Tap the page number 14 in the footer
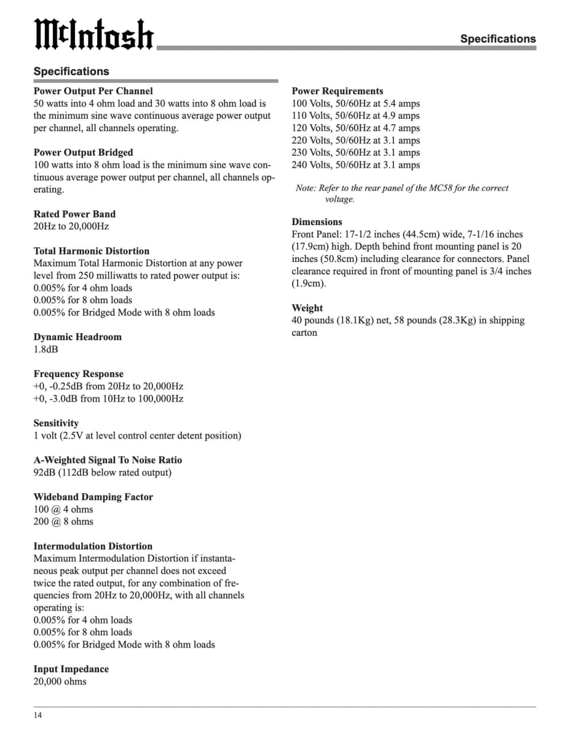tap(38, 715)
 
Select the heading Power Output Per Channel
tap(93, 91)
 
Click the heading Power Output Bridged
tap(83, 153)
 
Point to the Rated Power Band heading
tap(74, 214)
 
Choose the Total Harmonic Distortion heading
tap(91, 251)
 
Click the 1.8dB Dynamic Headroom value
tap(46, 349)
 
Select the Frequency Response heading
tap(78, 374)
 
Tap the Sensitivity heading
tap(56, 423)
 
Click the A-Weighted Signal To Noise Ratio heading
tap(108, 460)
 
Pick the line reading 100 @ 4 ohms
tap(63, 509)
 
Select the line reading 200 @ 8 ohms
tap(63, 522)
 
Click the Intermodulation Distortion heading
tap(93, 546)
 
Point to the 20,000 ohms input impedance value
tap(60, 681)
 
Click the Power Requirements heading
tap(337, 91)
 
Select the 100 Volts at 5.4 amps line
tap(355, 103)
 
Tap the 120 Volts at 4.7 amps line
tap(355, 128)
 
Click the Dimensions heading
tap(317, 222)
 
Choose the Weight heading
tap(307, 308)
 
